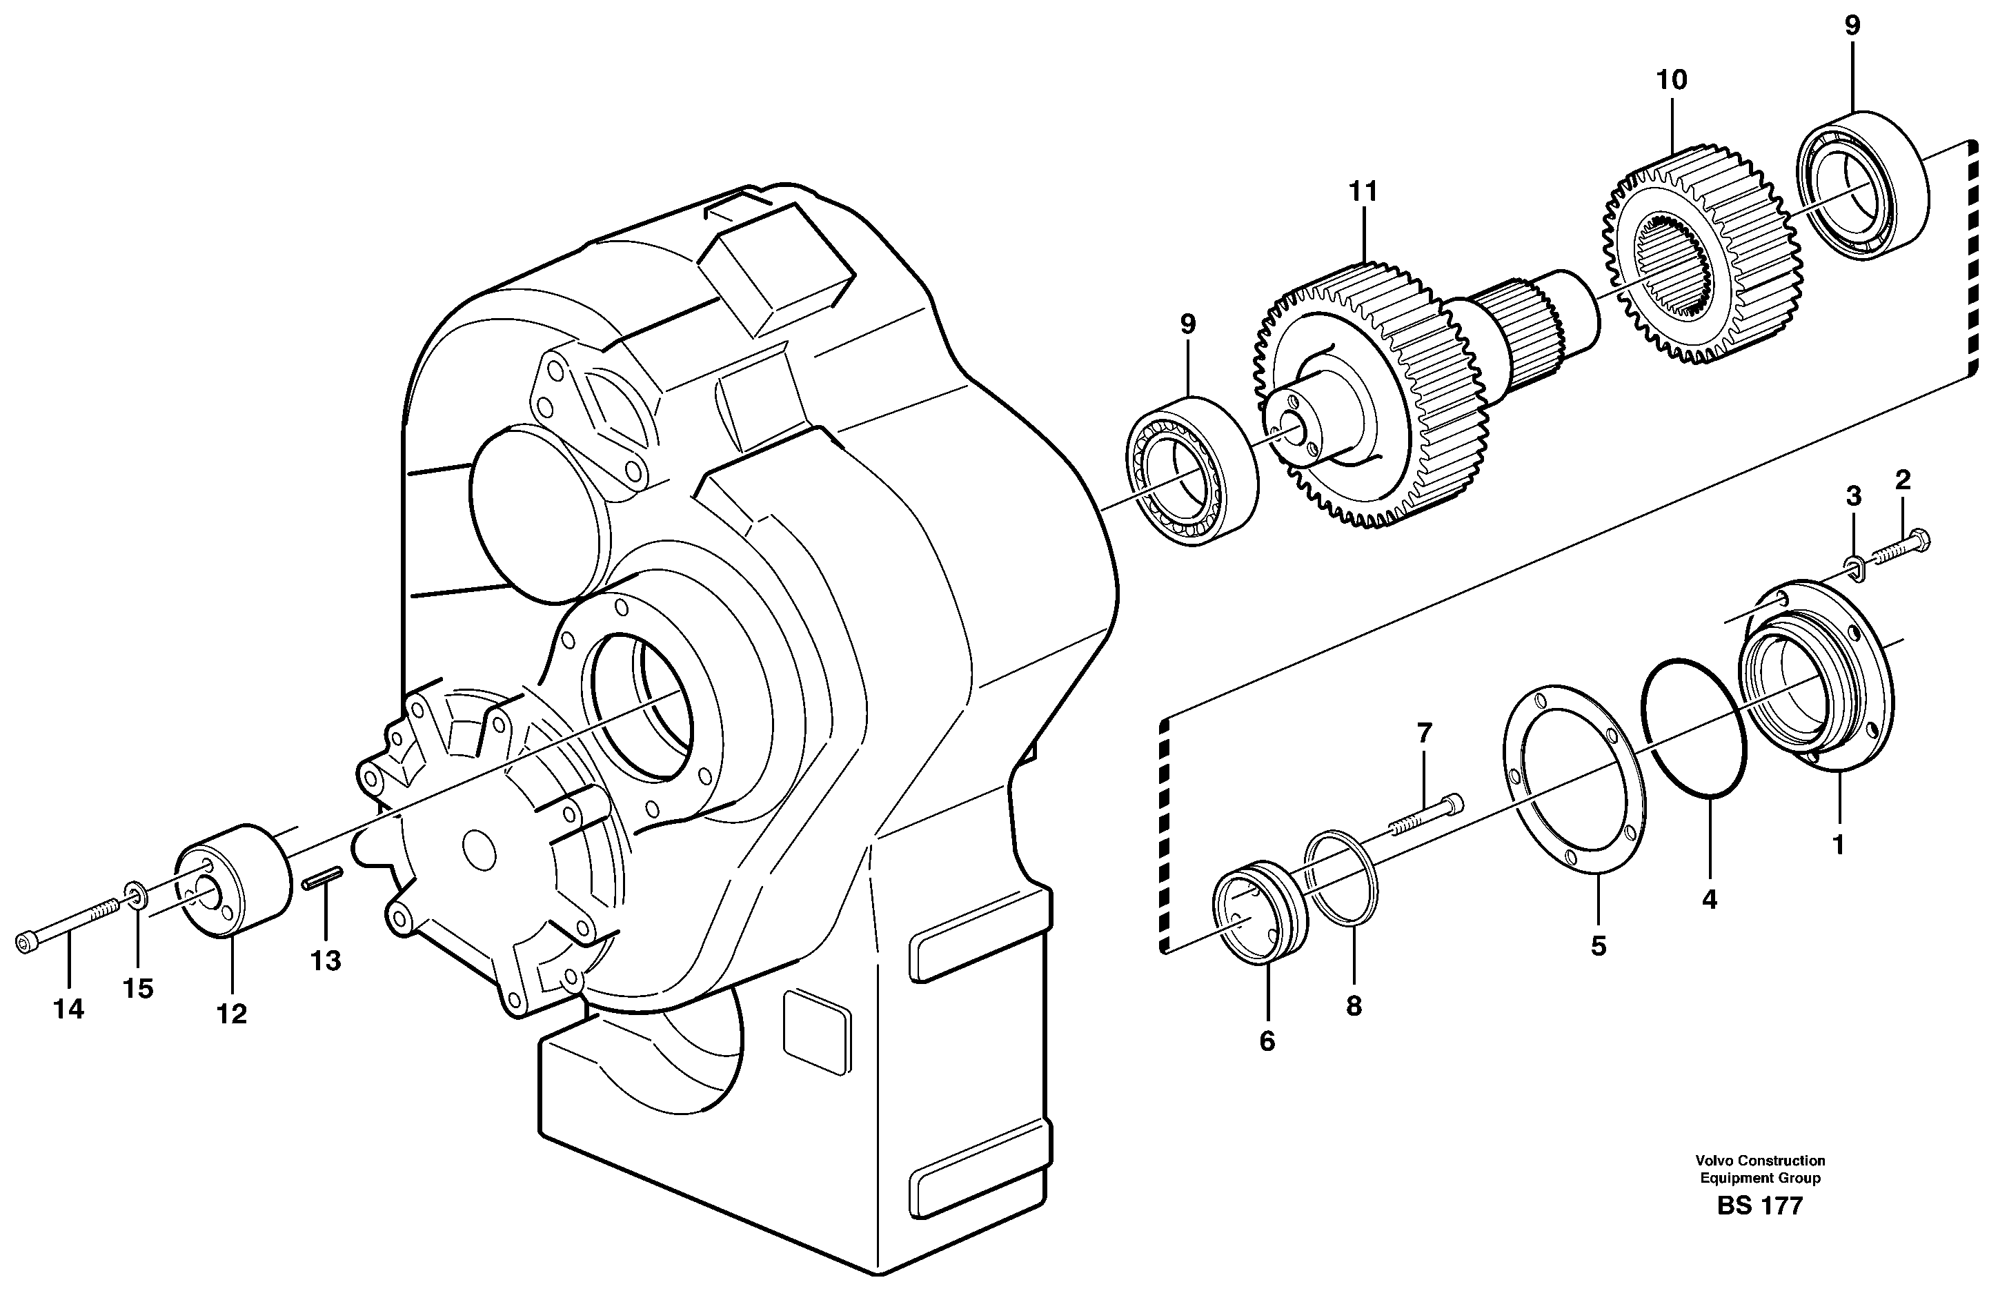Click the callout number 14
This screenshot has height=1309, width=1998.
pyautogui.click(x=69, y=1010)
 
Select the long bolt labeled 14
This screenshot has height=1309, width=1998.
pyautogui.click(x=67, y=923)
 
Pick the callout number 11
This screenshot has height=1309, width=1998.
pyautogui.click(x=1363, y=193)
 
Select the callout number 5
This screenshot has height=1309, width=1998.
pyautogui.click(x=1599, y=946)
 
